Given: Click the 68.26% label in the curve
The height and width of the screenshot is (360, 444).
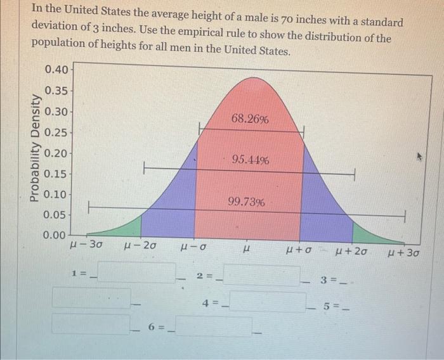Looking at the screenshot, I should [x=250, y=119].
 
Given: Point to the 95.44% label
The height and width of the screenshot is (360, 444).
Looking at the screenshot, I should [x=250, y=160].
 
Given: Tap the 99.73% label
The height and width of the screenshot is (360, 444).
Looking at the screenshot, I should [x=247, y=202].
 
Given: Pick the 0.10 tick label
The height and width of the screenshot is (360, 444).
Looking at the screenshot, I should [x=55, y=194].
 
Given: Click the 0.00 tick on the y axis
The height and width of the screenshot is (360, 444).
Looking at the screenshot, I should [x=55, y=235].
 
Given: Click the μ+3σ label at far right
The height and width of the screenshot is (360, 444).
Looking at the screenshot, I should [x=403, y=254].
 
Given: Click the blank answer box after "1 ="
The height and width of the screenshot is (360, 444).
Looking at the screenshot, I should [x=136, y=273].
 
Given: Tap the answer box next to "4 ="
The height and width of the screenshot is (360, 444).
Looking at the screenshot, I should [x=266, y=301].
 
